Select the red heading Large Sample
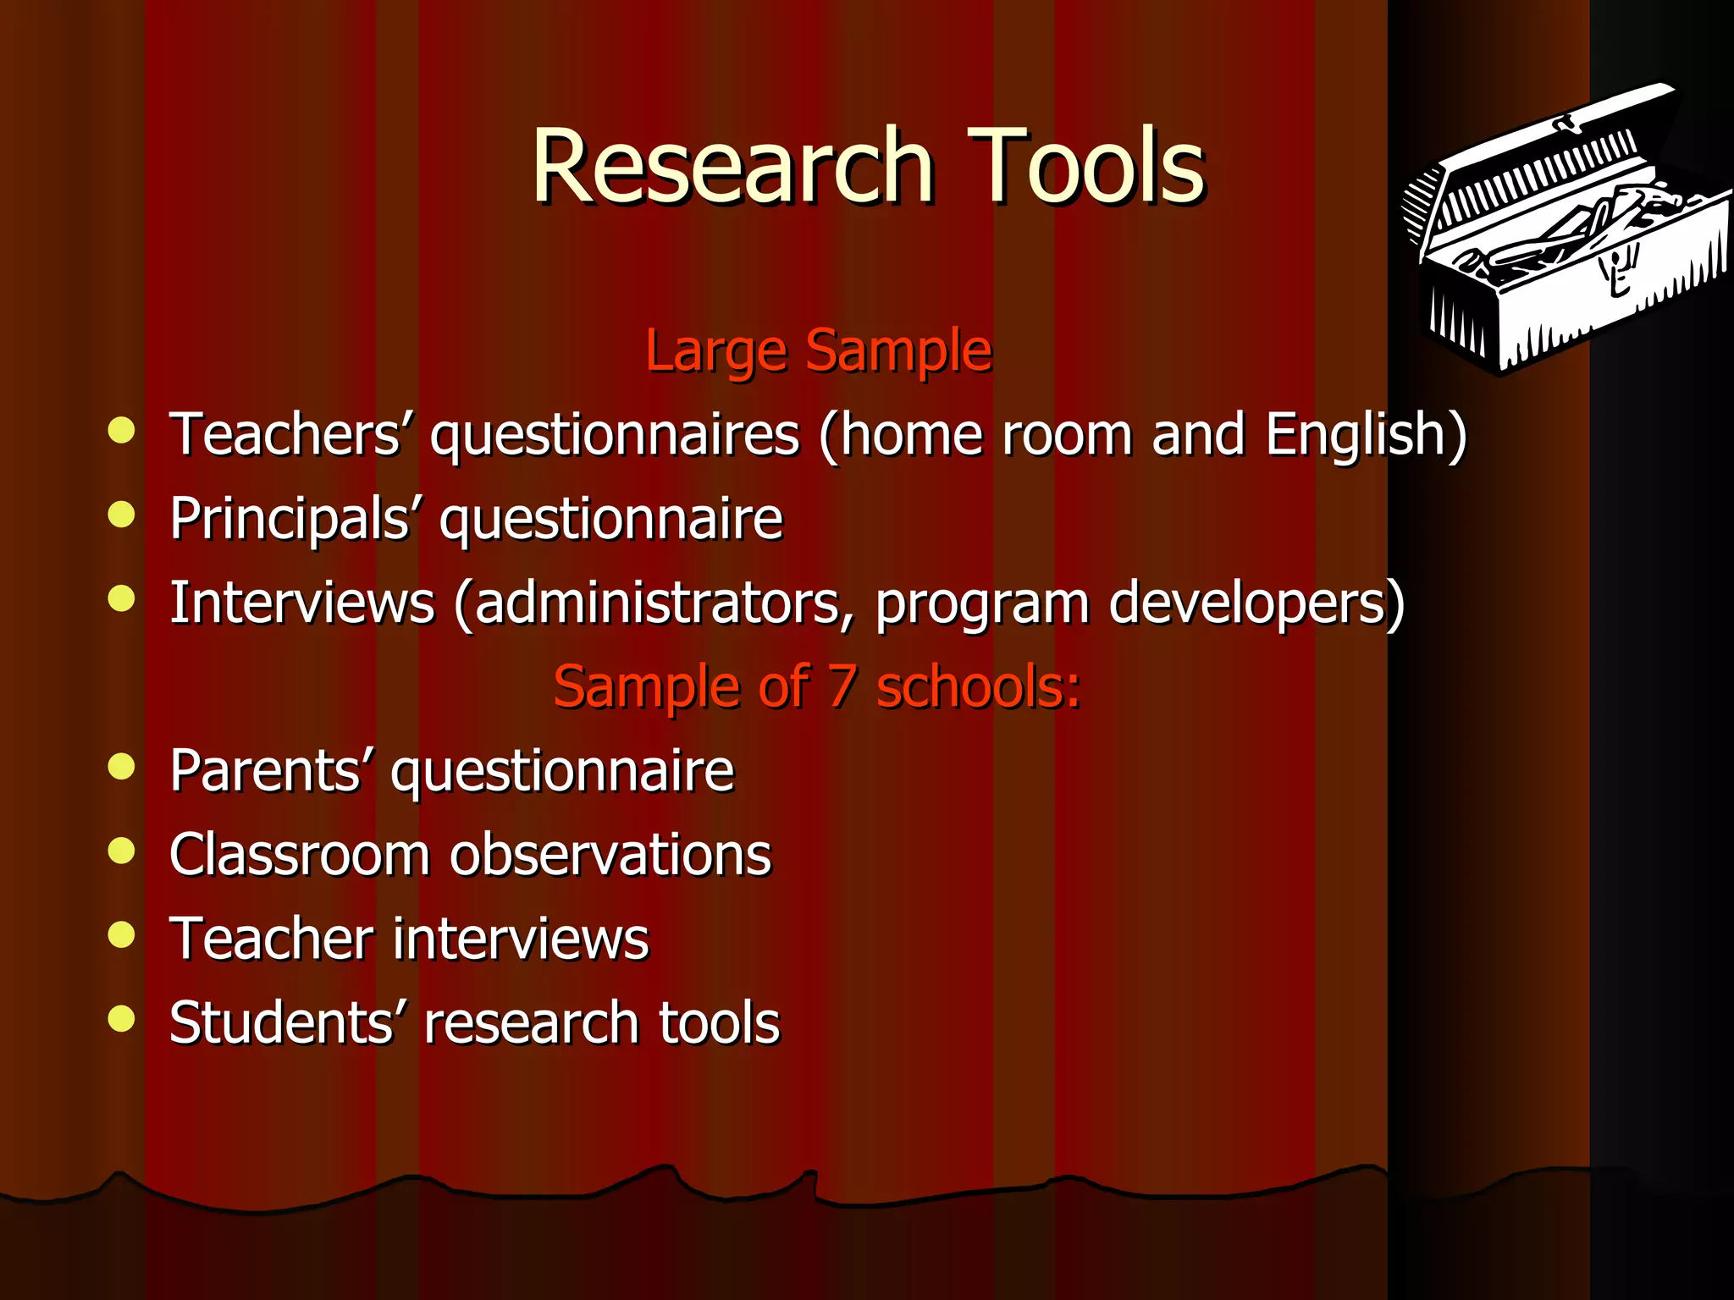click(x=818, y=350)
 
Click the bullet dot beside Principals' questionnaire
click(x=122, y=514)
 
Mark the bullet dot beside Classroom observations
click(x=122, y=851)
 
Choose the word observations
click(x=610, y=854)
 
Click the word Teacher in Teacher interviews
click(x=271, y=939)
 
